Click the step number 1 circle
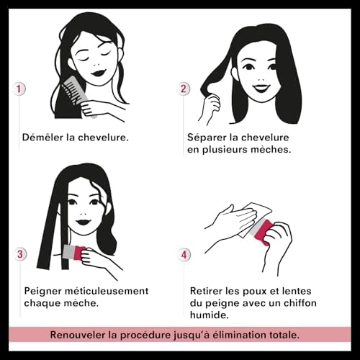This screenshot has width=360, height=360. pyautogui.click(x=19, y=89)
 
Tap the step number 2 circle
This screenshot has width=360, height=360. pyautogui.click(x=184, y=89)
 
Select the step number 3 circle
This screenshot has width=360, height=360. pyautogui.click(x=19, y=254)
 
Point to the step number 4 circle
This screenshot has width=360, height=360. pyautogui.click(x=184, y=254)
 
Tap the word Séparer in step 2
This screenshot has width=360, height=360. pyautogui.click(x=207, y=138)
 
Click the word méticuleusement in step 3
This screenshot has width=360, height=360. pyautogui.click(x=107, y=291)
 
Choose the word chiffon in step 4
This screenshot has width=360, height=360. pyautogui.click(x=300, y=303)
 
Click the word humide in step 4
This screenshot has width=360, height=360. pyautogui.click(x=209, y=315)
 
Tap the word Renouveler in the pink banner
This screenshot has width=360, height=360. pyautogui.click(x=77, y=335)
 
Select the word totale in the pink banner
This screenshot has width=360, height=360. pyautogui.click(x=283, y=335)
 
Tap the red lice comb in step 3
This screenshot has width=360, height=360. pyautogui.click(x=74, y=253)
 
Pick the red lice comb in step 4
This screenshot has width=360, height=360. pyautogui.click(x=263, y=231)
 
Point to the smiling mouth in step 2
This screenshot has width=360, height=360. pyautogui.click(x=261, y=88)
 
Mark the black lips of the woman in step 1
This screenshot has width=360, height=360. pyautogui.click(x=99, y=73)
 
